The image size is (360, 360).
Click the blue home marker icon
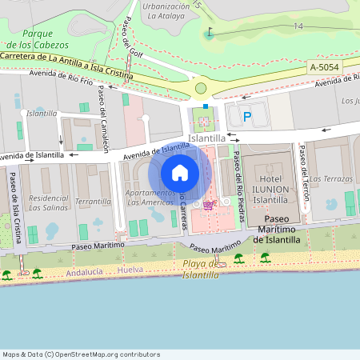click(180, 173)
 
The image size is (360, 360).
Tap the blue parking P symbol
click(247, 117)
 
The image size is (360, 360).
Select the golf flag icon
click(210, 34)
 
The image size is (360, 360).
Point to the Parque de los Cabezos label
click(38, 38)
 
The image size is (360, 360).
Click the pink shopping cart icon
click(209, 205)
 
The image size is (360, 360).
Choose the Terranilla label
click(93, 201)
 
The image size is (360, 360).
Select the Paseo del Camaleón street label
click(104, 119)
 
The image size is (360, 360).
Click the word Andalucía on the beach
click(86, 272)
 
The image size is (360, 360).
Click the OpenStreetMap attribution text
click(81, 354)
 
